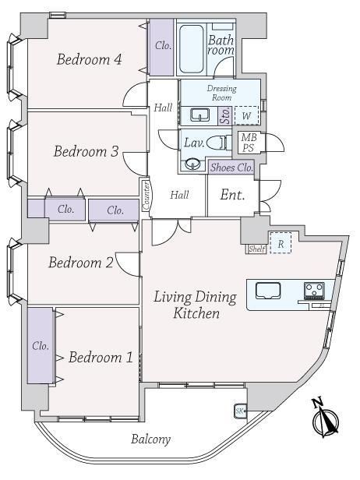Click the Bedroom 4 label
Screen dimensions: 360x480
tap(90, 59)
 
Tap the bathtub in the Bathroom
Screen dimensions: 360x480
tap(192, 48)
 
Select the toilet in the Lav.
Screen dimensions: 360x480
tap(219, 143)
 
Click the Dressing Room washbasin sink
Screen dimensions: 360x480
tap(200, 115)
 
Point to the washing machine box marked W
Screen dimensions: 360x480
tap(246, 115)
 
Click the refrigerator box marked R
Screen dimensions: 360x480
tap(281, 243)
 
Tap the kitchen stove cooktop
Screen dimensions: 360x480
tap(314, 290)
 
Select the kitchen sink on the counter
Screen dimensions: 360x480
tap(268, 290)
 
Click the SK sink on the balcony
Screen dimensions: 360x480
tap(240, 411)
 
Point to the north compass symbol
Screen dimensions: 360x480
tap(325, 418)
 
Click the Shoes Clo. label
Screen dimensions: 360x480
tap(231, 168)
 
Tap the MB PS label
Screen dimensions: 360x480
tap(249, 143)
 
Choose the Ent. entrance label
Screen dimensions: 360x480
tap(232, 195)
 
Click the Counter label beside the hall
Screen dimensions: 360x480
tap(146, 196)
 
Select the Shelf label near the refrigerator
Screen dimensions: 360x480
tap(256, 249)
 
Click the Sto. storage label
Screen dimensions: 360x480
tap(225, 115)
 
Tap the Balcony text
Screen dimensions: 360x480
tap(150, 439)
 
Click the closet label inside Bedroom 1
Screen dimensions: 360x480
tap(41, 346)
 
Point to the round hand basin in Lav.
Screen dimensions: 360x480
tap(192, 164)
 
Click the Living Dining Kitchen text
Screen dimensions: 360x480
tap(196, 305)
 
